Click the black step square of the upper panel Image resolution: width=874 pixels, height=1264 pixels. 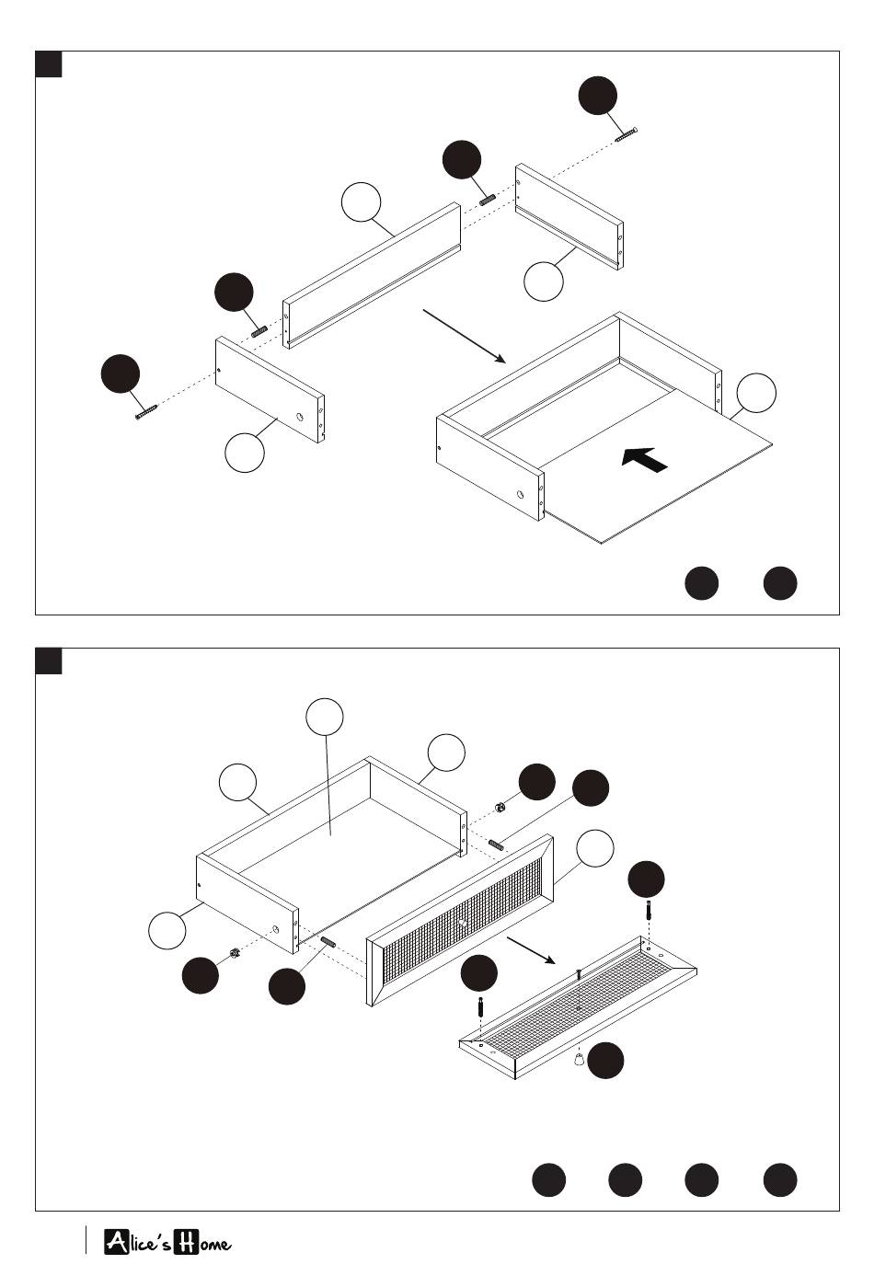point(49,64)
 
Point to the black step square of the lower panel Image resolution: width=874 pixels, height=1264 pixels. point(49,661)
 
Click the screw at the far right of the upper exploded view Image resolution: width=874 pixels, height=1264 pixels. point(627,134)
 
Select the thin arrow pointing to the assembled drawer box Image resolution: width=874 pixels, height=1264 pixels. point(465,337)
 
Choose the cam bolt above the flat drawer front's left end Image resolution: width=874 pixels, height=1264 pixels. point(480,1006)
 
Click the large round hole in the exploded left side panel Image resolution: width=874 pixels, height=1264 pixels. point(300,416)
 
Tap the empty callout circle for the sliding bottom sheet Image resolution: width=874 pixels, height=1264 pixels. point(756,393)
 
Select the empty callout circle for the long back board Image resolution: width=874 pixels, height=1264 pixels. point(361,202)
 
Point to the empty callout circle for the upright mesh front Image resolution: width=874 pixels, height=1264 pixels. point(594,847)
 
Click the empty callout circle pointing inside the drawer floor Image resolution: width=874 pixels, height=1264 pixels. point(325,718)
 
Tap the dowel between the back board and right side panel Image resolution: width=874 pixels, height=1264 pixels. point(489,199)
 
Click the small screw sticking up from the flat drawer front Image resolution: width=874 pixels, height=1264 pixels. point(578,973)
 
